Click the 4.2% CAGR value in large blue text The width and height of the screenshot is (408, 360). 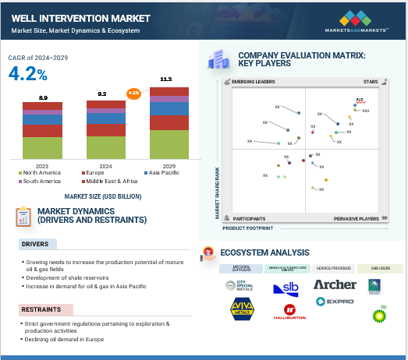coord(27,74)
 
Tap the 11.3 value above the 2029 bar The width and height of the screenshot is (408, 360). coord(165,79)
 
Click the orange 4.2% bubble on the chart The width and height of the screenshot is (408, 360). coord(133,92)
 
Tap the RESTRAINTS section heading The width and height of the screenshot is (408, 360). coord(40,308)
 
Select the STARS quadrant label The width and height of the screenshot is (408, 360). coord(371,81)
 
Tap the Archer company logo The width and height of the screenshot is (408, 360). coord(335,284)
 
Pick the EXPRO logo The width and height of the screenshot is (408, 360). coord(335,301)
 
